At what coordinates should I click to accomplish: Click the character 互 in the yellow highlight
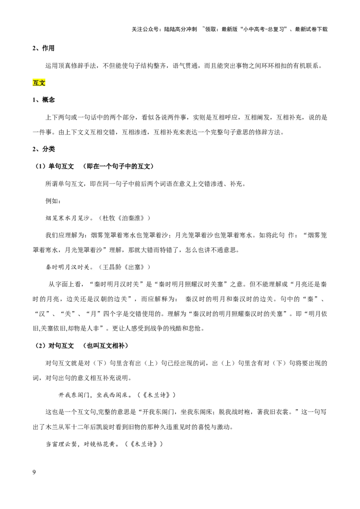(36, 83)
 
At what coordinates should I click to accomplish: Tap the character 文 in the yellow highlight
(42, 83)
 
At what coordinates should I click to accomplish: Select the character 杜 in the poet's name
(106, 218)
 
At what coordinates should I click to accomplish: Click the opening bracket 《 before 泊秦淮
(119, 218)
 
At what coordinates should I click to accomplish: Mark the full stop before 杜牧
(92, 219)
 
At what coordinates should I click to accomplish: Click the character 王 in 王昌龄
(106, 268)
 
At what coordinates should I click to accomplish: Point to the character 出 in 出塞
(131, 268)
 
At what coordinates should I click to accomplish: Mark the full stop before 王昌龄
(92, 269)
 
